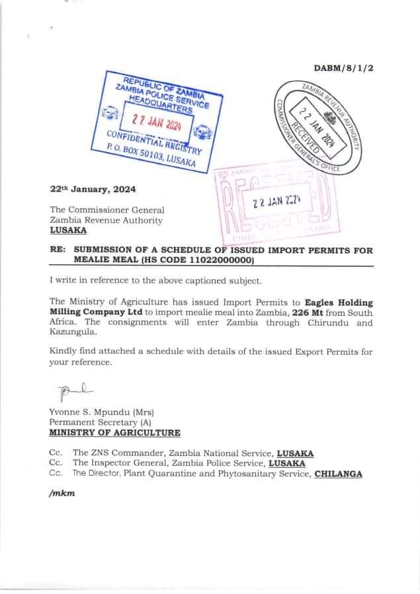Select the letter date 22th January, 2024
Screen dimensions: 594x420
coord(93,188)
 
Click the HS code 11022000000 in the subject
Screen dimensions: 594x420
coord(218,260)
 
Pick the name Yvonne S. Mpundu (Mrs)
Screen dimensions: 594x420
coord(101,412)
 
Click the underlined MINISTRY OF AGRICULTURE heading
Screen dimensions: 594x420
coord(114,432)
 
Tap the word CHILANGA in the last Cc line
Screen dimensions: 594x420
coord(338,473)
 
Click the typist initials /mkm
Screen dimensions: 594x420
coord(62,494)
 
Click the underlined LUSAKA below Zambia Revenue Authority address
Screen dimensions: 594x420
coord(67,231)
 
